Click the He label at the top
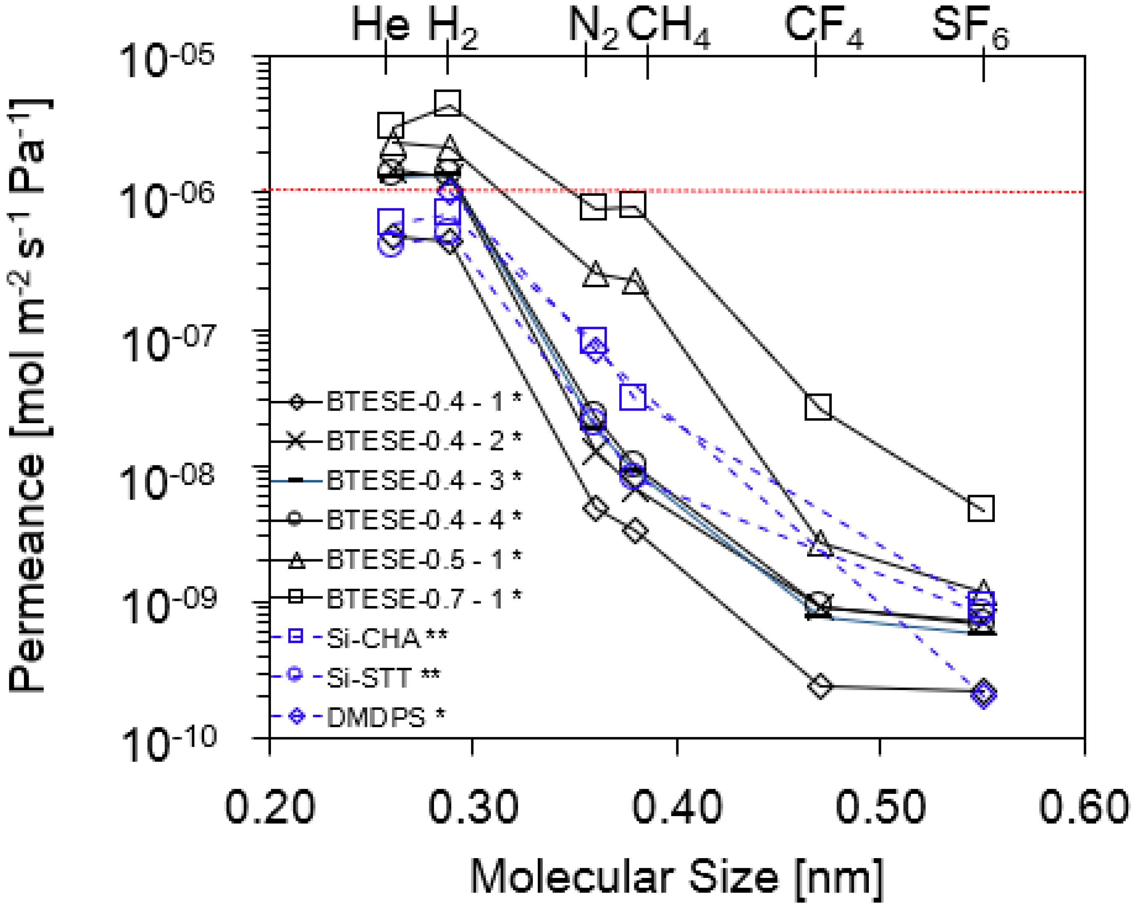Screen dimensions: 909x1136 coord(381,25)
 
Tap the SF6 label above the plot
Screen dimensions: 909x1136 coord(970,27)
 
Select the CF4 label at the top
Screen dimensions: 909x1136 coord(823,27)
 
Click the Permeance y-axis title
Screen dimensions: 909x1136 coord(29,395)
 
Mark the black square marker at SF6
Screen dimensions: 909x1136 coord(981,508)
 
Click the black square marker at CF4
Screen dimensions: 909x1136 coord(818,406)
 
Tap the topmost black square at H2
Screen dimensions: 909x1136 coord(448,102)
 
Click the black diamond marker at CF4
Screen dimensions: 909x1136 coord(820,686)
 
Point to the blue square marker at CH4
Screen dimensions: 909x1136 coord(633,397)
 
